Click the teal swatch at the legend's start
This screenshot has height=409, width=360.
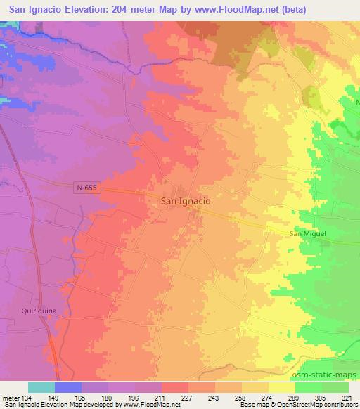tap(41, 387)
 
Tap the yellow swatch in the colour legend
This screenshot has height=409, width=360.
tap(281, 387)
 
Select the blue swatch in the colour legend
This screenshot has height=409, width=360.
tap(68, 387)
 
